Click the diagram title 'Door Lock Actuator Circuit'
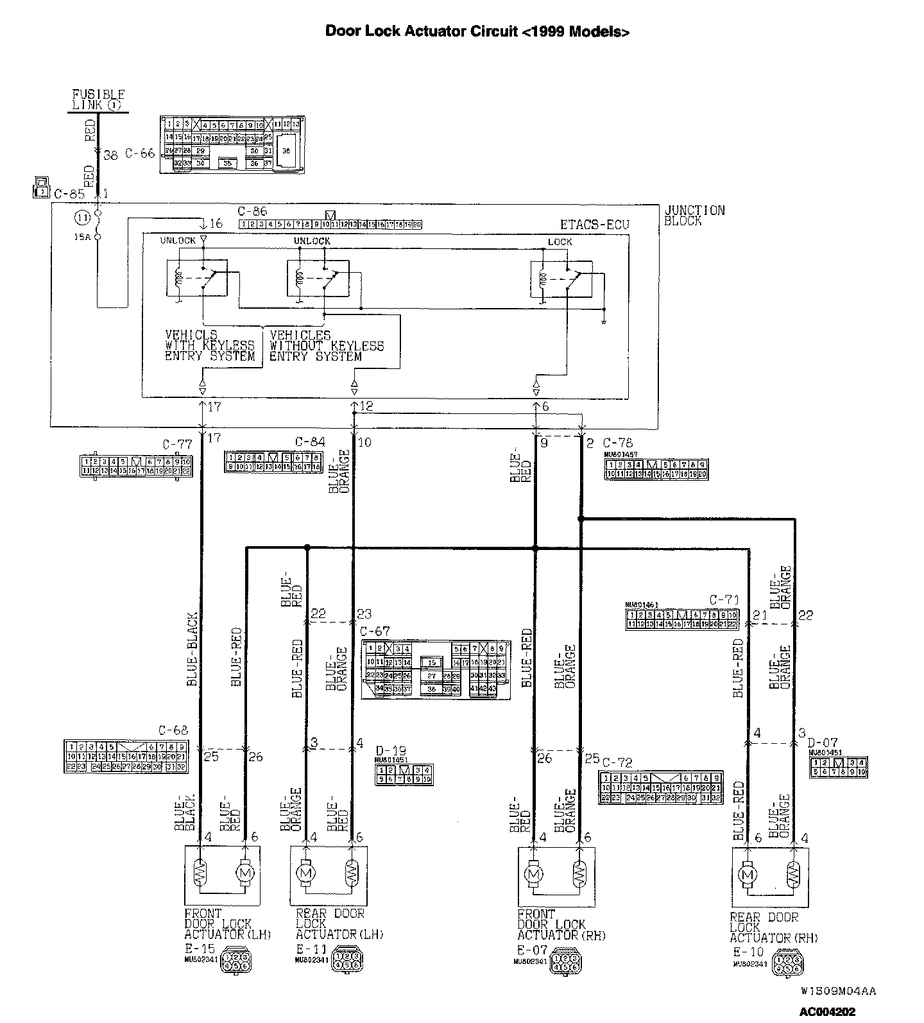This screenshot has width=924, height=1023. point(477,31)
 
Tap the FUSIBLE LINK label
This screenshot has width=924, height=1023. point(98,99)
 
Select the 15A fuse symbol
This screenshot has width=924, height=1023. point(98,225)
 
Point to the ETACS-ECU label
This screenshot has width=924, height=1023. point(594,225)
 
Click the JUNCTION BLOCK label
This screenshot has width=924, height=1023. point(694,216)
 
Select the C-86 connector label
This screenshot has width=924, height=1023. point(252,212)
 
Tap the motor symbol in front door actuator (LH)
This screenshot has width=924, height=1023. point(244,873)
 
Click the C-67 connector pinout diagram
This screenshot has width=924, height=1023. point(436,669)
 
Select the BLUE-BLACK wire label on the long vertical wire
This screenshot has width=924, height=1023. point(192,649)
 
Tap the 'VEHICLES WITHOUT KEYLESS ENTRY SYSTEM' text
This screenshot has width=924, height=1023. point(326,345)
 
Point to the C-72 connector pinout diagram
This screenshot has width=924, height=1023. point(660,787)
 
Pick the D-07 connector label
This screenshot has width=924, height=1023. point(823,743)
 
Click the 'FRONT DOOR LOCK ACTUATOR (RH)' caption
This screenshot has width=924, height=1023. point(561,924)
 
